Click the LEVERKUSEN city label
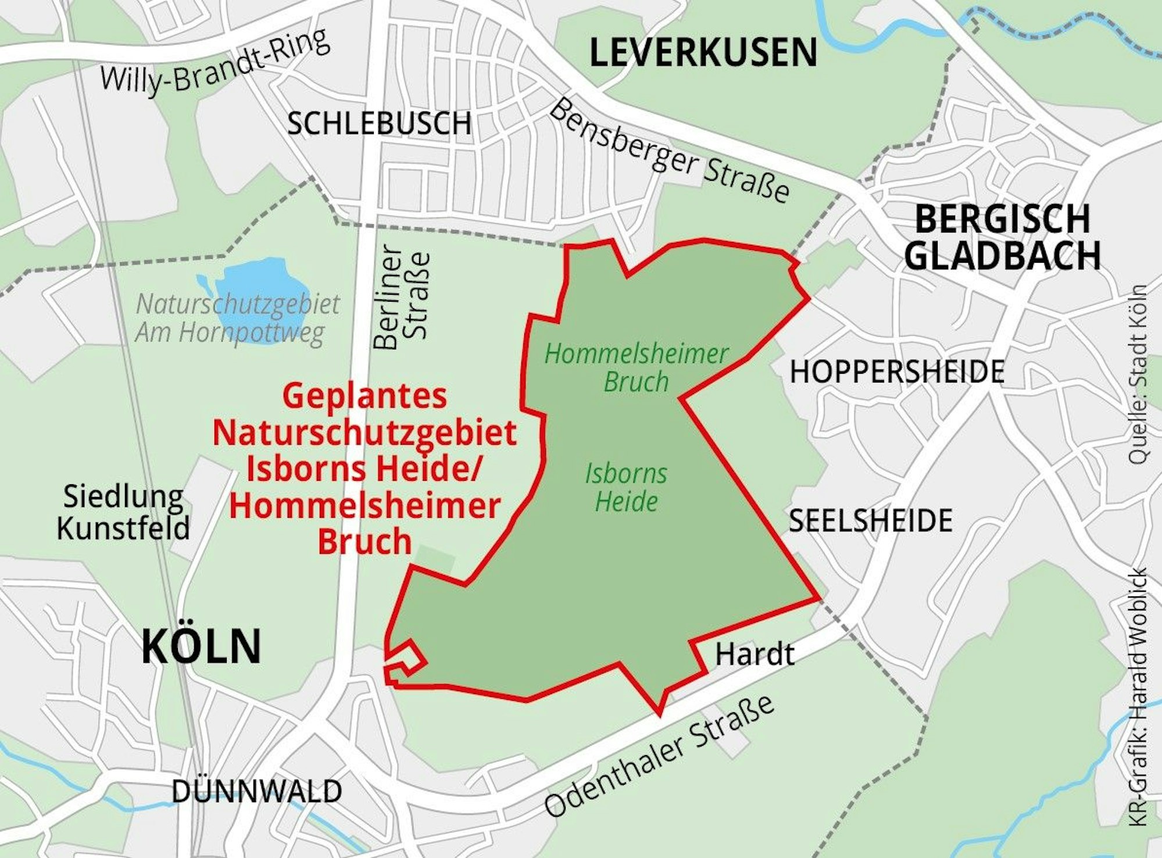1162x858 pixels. click(703, 52)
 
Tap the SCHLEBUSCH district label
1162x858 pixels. click(379, 123)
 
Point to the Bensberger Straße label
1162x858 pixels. click(668, 152)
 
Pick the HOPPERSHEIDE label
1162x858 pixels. click(897, 371)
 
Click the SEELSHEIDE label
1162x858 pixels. click(870, 520)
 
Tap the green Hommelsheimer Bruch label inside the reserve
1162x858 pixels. click(636, 368)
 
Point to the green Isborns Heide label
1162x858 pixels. click(626, 487)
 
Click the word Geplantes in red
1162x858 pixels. click(364, 396)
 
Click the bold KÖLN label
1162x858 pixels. click(201, 647)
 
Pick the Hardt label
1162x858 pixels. click(755, 654)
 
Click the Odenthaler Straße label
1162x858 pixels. click(660, 756)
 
